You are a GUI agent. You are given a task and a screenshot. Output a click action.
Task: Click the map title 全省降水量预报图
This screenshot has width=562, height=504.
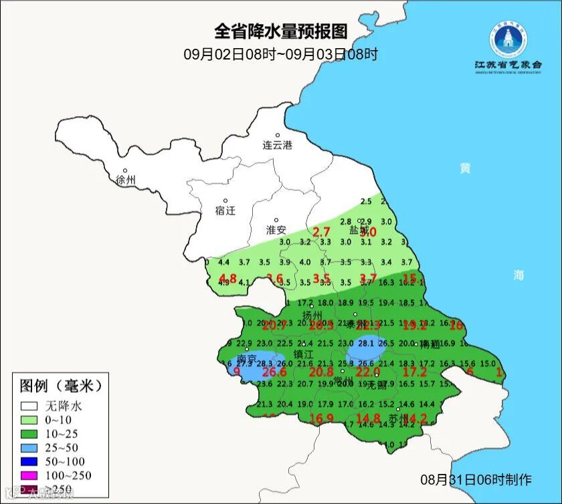(281, 31)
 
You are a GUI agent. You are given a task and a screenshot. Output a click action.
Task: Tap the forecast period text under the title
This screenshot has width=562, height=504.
(281, 54)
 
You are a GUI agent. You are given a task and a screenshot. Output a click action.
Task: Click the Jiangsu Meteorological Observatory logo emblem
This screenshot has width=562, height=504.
(507, 40)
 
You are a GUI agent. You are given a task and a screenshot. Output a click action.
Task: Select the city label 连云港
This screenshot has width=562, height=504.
(277, 145)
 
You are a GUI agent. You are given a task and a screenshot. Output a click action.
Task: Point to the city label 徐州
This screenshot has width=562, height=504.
(125, 180)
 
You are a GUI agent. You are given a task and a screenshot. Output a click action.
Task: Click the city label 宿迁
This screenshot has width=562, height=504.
(225, 211)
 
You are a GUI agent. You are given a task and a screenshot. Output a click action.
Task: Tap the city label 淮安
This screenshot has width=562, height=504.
(276, 229)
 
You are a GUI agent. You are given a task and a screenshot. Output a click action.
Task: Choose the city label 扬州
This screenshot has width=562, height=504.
(312, 316)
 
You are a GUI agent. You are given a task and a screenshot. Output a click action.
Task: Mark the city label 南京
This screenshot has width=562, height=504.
(247, 359)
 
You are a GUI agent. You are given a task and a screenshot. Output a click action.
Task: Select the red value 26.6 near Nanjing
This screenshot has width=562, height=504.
(274, 372)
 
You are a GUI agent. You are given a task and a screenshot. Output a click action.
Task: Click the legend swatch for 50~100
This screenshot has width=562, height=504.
(29, 461)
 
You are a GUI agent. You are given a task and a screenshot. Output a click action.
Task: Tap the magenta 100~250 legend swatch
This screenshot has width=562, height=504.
(29, 475)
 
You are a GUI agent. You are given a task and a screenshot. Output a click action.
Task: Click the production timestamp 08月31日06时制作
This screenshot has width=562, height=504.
(476, 480)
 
